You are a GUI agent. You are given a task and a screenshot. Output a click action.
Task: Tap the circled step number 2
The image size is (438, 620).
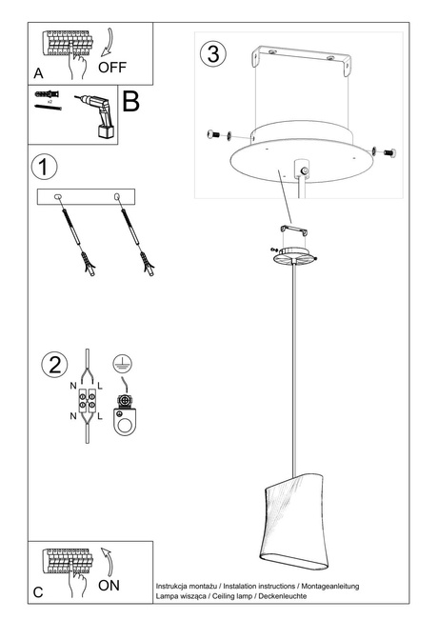click(55, 365)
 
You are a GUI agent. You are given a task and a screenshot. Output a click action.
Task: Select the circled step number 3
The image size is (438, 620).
click(213, 53)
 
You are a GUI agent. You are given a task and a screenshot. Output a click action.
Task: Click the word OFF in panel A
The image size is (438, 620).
click(112, 68)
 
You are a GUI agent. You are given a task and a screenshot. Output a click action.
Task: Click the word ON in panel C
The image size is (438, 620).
click(109, 586)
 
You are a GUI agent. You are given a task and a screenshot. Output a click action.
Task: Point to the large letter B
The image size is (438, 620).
click(130, 102)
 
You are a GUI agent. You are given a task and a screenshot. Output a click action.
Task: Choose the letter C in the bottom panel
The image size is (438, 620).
click(37, 592)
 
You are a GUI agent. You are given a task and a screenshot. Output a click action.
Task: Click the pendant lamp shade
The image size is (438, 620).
click(292, 522)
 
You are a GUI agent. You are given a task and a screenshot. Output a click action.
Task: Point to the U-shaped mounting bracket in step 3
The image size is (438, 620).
click(299, 68)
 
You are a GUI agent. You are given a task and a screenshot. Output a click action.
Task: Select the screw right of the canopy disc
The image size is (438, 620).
click(385, 150)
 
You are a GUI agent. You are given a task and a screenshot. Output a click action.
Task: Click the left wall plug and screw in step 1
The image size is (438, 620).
click(75, 237)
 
